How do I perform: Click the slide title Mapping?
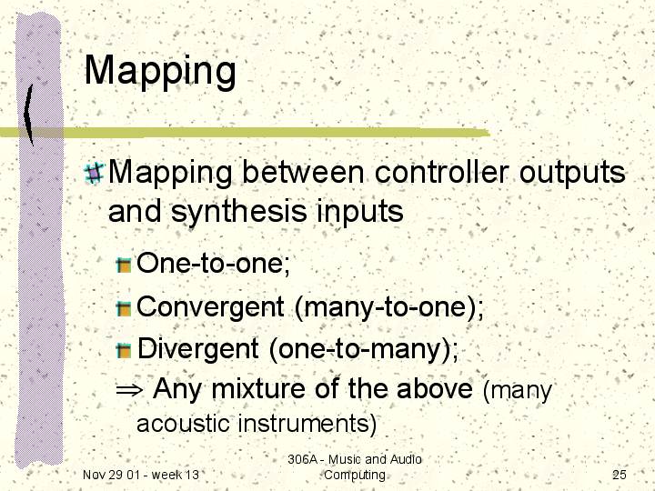point(160,72)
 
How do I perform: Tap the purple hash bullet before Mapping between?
point(94,173)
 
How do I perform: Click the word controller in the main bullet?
point(441,172)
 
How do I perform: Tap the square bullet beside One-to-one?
point(124,266)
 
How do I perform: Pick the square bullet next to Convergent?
point(124,308)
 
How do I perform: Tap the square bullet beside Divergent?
point(124,350)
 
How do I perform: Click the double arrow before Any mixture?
point(129,391)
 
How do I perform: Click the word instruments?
point(303,424)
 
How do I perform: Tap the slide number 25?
point(620,475)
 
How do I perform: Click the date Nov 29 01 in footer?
point(108,475)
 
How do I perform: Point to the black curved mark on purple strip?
point(28,114)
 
